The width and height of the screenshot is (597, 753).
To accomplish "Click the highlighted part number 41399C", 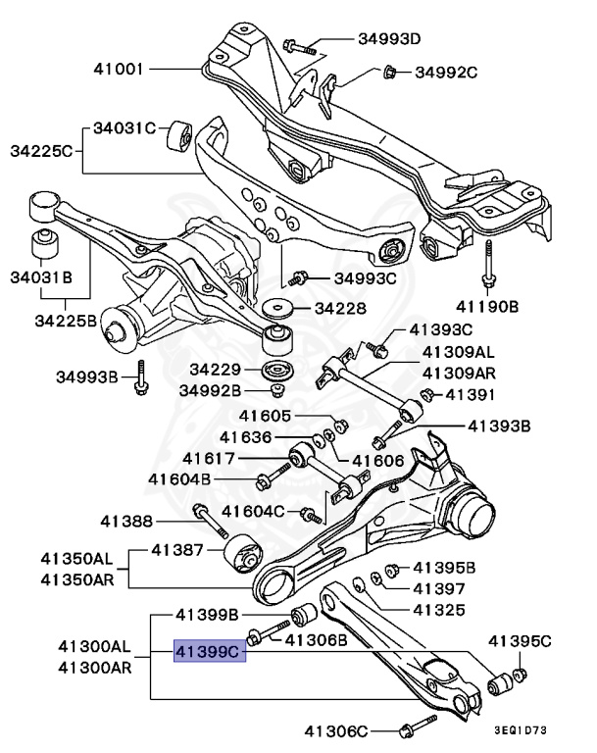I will click(207, 650).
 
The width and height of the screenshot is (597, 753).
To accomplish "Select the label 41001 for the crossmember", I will click(120, 70).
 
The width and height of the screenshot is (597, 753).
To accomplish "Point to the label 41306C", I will click(335, 729).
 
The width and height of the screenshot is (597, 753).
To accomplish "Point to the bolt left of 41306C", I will click(414, 728).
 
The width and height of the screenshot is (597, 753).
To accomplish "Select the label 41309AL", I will click(457, 352).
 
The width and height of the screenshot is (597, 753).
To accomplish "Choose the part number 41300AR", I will click(93, 668).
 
